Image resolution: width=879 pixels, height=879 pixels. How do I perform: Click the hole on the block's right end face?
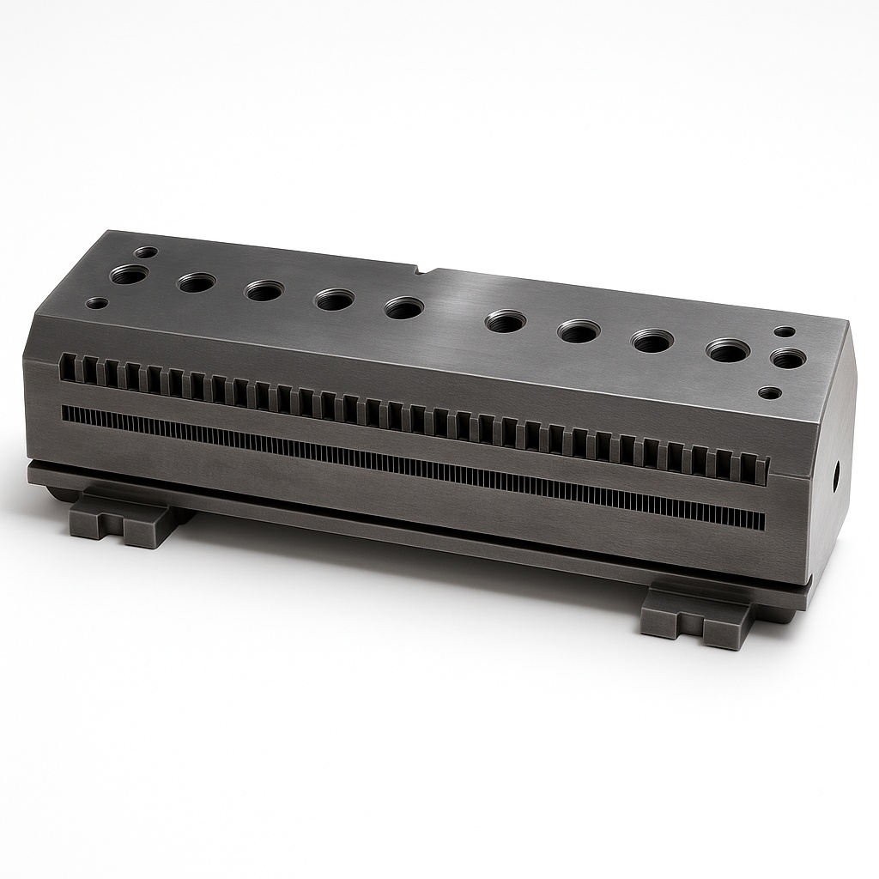pos(837,475)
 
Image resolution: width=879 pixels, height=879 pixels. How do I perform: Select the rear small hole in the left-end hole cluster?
pos(147,253)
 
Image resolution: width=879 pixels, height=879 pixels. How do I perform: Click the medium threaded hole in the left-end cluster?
pos(130,276)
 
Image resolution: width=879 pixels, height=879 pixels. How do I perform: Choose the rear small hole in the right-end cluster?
pos(784,332)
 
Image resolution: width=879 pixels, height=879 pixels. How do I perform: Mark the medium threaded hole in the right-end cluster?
pos(786,359)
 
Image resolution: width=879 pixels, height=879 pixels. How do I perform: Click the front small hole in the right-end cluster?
pos(770,393)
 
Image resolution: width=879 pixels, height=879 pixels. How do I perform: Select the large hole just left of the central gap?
pos(403,308)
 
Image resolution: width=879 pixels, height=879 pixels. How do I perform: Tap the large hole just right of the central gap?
pos(506,322)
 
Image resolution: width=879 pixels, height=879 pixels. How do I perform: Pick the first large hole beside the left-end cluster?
pos(197,282)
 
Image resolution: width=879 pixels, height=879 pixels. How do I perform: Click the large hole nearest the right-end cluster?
pos(727,351)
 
